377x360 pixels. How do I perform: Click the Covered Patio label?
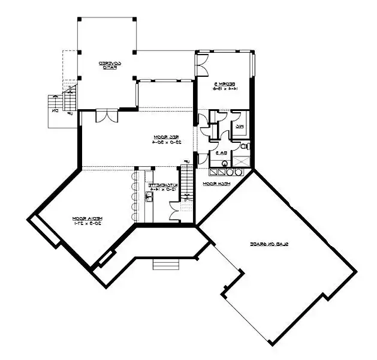107,64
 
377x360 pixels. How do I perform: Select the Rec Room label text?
161,139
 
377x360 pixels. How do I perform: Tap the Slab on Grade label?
270,244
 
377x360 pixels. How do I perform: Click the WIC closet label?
239,127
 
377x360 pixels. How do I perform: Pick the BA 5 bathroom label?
221,154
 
